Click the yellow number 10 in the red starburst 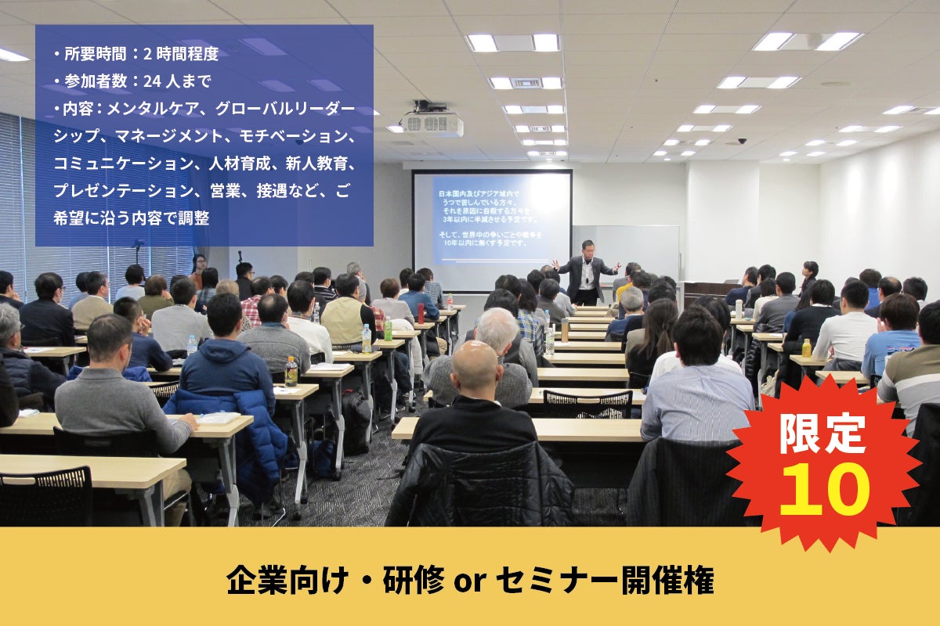825,489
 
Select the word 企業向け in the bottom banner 287,580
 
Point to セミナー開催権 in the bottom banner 605,581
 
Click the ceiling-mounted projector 432,121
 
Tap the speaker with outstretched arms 586,272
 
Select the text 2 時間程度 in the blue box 181,54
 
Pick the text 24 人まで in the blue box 177,81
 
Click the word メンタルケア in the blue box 152,109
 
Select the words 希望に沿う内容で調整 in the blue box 132,218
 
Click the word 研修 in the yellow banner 414,580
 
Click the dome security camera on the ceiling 742,141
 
